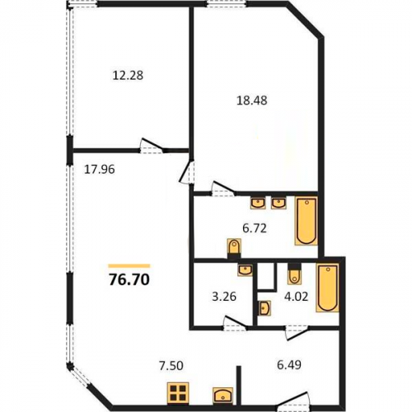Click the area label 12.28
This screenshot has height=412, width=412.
[128, 75]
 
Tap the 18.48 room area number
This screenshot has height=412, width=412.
[252, 101]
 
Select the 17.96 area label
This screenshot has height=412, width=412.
[99, 170]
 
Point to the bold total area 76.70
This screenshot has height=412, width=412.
[129, 280]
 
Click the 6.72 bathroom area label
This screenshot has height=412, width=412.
[255, 228]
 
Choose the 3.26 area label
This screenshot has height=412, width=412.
[224, 297]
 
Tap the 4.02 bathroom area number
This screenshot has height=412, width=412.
[297, 297]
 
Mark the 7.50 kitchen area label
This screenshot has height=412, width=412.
[171, 366]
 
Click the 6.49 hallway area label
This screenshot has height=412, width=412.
[289, 365]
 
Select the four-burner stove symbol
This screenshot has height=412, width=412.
[178, 393]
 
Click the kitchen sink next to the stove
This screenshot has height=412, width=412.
[222, 396]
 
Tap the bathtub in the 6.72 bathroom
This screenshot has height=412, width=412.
[307, 221]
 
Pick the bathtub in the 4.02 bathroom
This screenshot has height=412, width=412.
[327, 288]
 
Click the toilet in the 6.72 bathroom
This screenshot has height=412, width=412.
[234, 249]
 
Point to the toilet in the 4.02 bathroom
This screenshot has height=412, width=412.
[294, 274]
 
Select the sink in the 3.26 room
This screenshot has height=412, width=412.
[245, 269]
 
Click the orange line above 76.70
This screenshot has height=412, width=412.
[129, 265]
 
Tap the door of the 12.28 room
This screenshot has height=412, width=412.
[152, 146]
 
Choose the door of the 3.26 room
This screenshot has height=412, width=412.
[235, 323]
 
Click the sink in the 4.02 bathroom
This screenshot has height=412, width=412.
[265, 308]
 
